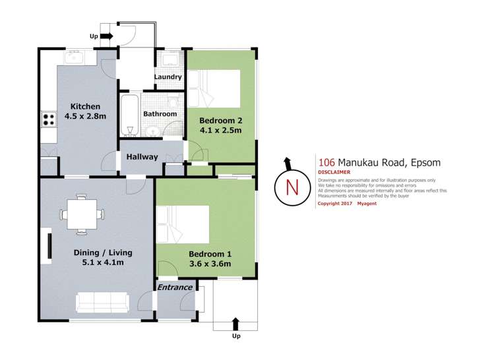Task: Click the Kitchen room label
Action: [x=85, y=106]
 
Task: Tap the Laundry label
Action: [x=168, y=77]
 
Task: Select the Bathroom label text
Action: [x=161, y=113]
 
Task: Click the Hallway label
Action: [x=142, y=157]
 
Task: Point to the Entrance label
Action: [x=175, y=287]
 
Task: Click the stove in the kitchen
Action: [x=49, y=119]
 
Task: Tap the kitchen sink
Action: [x=73, y=57]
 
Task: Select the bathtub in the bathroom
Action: [x=129, y=115]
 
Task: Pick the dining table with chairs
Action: [x=81, y=214]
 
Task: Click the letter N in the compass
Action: [x=290, y=186]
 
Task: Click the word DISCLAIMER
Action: [x=334, y=173]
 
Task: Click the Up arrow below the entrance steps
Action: [x=236, y=323]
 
